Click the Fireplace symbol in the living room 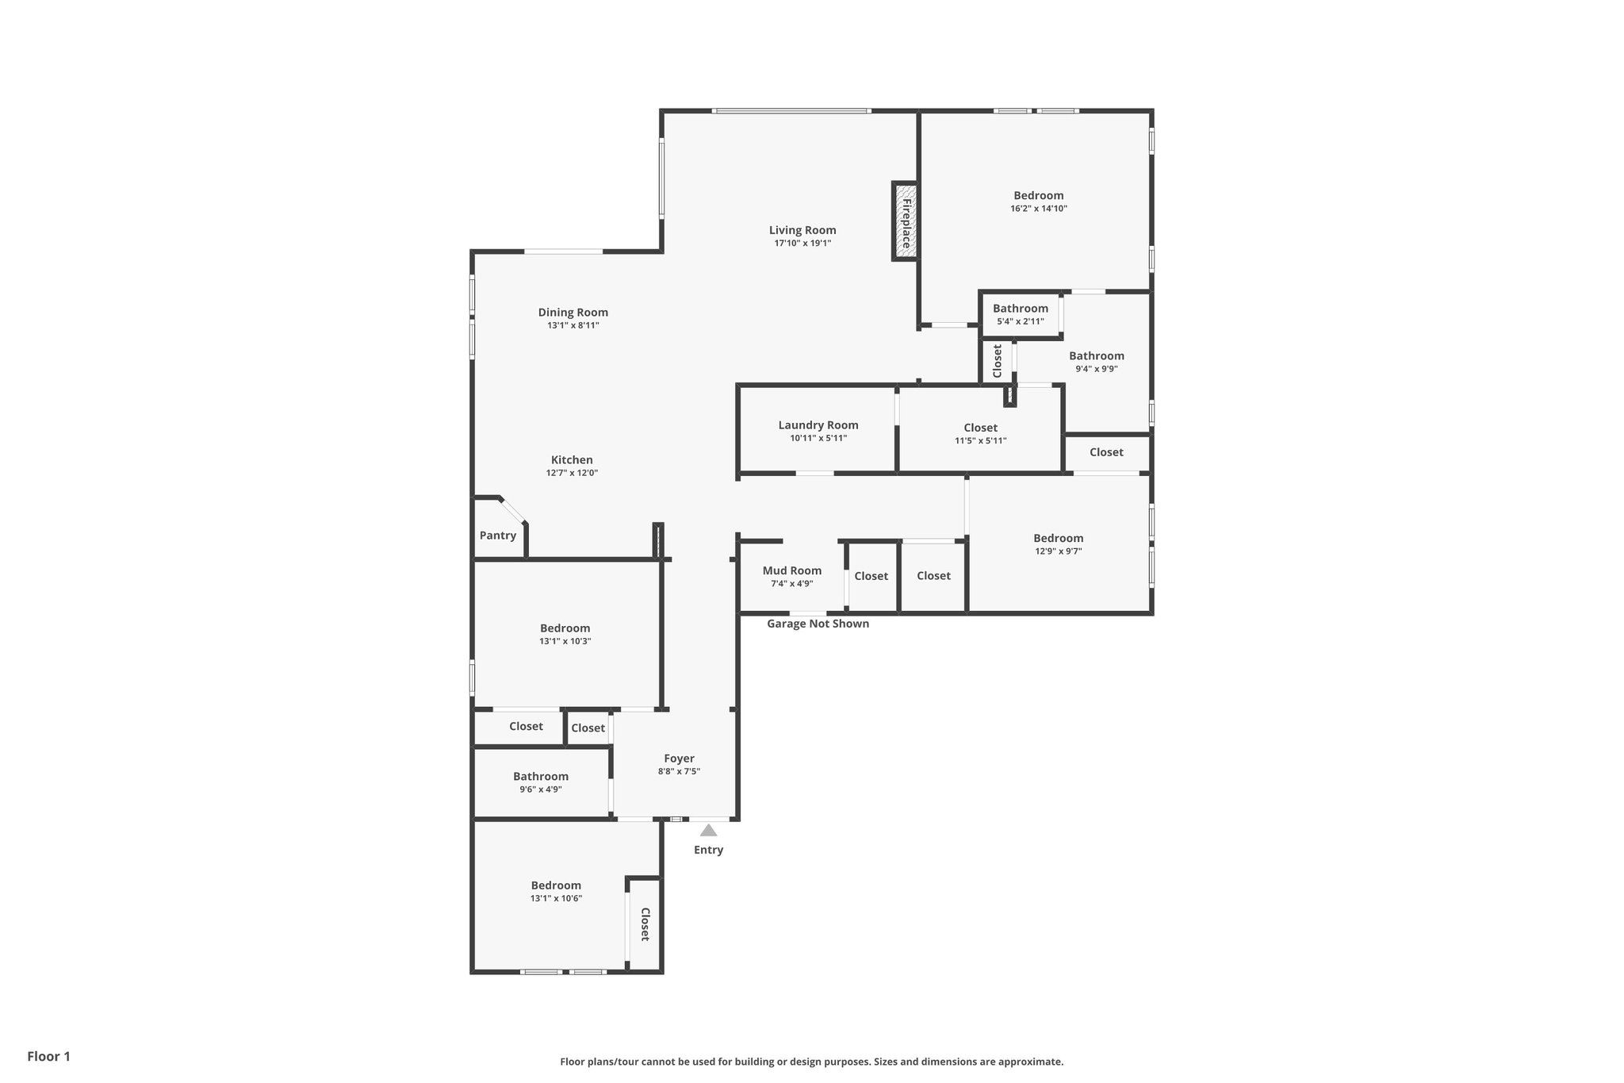tap(905, 221)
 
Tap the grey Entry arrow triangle tap(708, 831)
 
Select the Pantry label tap(498, 536)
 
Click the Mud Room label tap(791, 570)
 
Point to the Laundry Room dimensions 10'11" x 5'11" tap(818, 438)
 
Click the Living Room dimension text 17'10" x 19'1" tap(802, 244)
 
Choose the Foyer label tap(679, 758)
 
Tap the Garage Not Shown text tap(818, 624)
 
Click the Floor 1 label tap(48, 1057)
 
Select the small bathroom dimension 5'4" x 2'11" tap(1020, 321)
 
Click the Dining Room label tap(573, 313)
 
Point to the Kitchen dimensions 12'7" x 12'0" tap(572, 473)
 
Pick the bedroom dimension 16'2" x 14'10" tap(1038, 209)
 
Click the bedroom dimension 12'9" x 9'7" tap(1058, 551)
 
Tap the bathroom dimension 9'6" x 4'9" tap(541, 789)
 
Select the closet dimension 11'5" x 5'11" tap(980, 441)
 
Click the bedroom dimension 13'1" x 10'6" tap(556, 898)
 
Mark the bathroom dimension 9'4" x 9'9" tap(1096, 369)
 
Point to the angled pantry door tap(513, 510)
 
